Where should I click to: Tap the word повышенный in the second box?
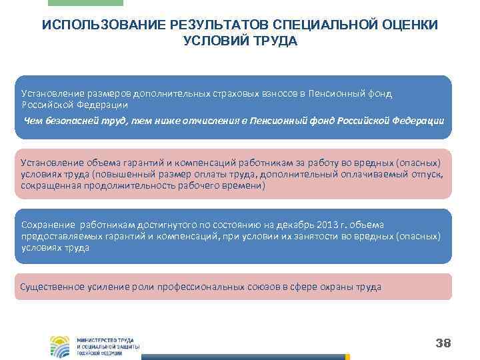pyautogui.click(x=124, y=174)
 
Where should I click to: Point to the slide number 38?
pyautogui.click(x=443, y=343)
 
